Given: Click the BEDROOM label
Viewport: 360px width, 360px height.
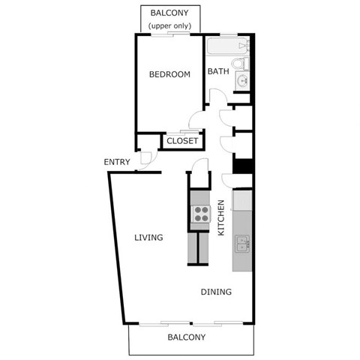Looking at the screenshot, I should pos(169,74).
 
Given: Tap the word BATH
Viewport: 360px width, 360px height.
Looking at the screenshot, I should pos(218,73).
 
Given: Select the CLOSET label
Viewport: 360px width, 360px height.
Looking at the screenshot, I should pos(182,141).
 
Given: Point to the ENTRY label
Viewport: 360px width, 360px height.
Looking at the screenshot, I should pos(117,162).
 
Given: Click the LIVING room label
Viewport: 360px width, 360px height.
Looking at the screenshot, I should pos(148,238).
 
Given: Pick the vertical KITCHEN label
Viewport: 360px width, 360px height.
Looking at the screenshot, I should pos(221,217).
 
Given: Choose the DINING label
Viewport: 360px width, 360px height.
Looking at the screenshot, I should pos(215,292).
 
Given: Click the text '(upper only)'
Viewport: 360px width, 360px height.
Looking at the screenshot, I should pos(169,26).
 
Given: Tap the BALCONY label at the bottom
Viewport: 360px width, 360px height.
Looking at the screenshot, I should pos(186,337).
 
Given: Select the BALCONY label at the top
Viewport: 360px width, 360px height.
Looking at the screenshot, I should pos(169,13).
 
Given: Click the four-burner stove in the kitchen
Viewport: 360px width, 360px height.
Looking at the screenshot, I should pos(200,214).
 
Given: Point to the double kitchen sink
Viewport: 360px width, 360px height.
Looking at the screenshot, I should pos(242,244).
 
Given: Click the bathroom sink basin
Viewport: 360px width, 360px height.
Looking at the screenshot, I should pos(241,81).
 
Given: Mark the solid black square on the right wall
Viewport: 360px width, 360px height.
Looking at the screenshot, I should pos(242,166).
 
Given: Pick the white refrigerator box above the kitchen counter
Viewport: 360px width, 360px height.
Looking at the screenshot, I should pos(242,200).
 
